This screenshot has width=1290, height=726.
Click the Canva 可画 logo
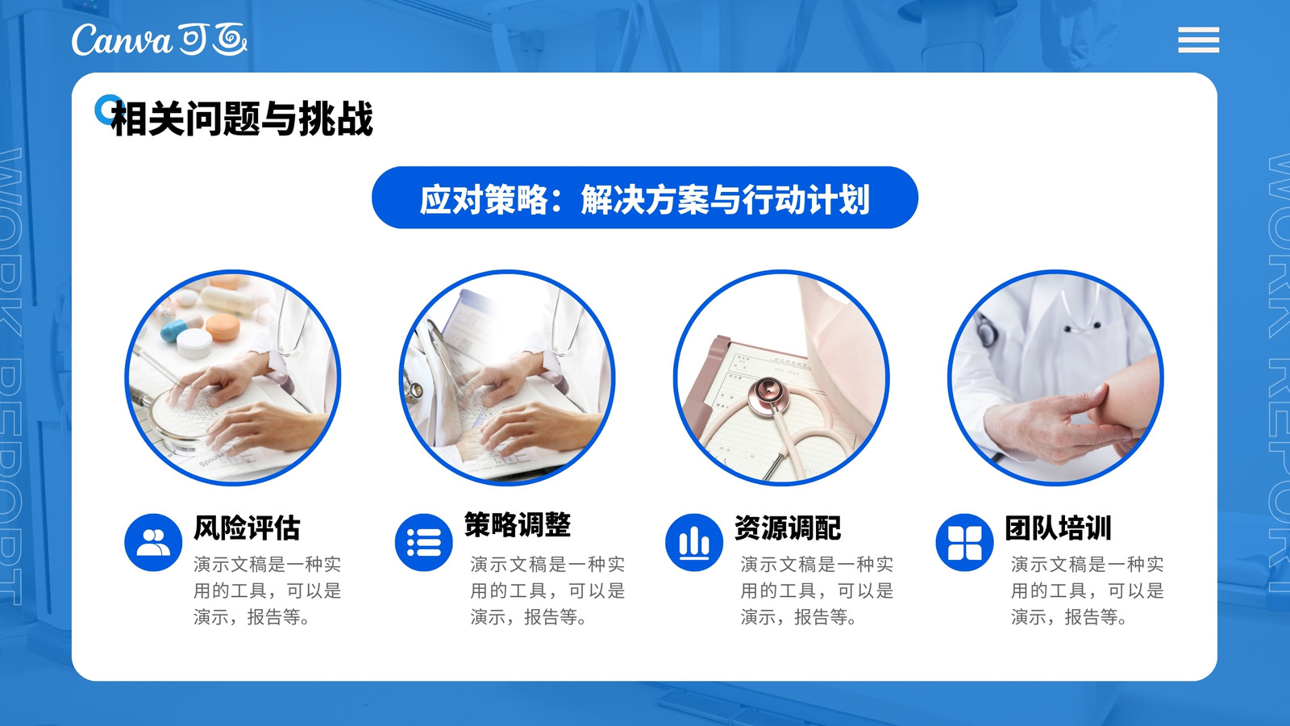tap(160, 40)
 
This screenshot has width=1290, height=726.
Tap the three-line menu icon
tap(1198, 40)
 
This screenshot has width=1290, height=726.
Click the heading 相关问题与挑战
tap(242, 118)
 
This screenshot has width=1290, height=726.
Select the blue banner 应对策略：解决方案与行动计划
tap(644, 198)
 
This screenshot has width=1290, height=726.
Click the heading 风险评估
tap(247, 528)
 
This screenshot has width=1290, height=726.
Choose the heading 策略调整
tap(518, 524)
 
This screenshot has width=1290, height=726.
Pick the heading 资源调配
tap(788, 528)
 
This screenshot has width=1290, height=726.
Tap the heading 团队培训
tap(1059, 528)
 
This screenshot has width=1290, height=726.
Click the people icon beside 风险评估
tap(153, 542)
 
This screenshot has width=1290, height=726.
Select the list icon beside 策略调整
tap(424, 542)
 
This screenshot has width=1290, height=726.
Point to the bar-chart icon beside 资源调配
tap(694, 542)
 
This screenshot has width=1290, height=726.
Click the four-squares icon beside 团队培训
tap(964, 542)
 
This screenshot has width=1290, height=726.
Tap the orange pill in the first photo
tap(223, 327)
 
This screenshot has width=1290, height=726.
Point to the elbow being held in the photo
tap(1128, 398)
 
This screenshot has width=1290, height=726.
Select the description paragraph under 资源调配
tap(818, 590)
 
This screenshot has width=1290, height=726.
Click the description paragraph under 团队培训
tap(1088, 590)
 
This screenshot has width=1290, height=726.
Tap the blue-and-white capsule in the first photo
tap(174, 332)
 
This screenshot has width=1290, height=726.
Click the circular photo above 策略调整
tap(507, 378)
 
